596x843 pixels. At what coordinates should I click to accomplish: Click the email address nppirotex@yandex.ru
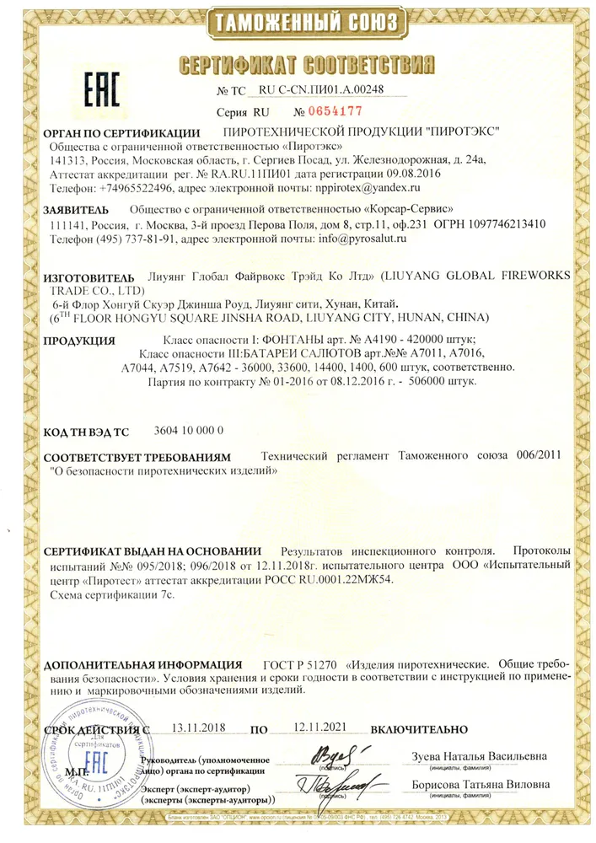[366, 188]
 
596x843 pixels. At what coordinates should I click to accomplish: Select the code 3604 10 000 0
[190, 432]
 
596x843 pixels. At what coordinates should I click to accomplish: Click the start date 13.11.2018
[200, 728]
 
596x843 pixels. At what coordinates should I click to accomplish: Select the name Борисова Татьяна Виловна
[480, 784]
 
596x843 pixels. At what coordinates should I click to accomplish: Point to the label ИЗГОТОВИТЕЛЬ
[89, 277]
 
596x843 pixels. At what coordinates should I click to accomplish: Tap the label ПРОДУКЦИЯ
[80, 341]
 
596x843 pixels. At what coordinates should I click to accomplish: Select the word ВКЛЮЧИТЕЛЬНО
[418, 728]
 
